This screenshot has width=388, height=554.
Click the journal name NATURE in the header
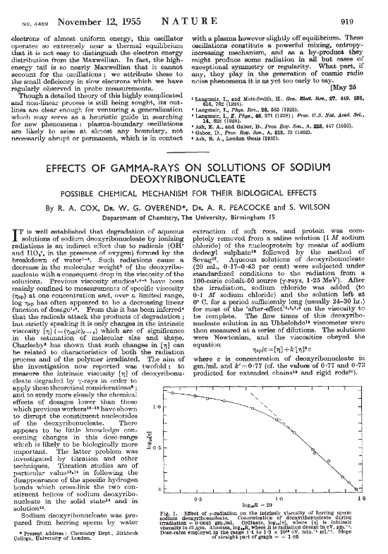(x=194, y=22)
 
